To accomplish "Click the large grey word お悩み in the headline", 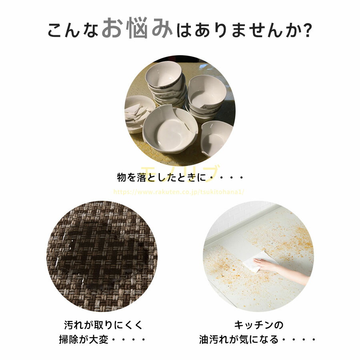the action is [x=137, y=28].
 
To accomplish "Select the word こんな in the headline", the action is [x=73, y=30].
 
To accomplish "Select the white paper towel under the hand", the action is [x=255, y=261].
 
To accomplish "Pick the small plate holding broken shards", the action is [x=139, y=114].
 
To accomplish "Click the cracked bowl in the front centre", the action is [x=170, y=130].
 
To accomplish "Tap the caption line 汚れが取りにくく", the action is [x=103, y=325].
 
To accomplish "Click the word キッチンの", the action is [x=259, y=325].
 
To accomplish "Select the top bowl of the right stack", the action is [x=207, y=92].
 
